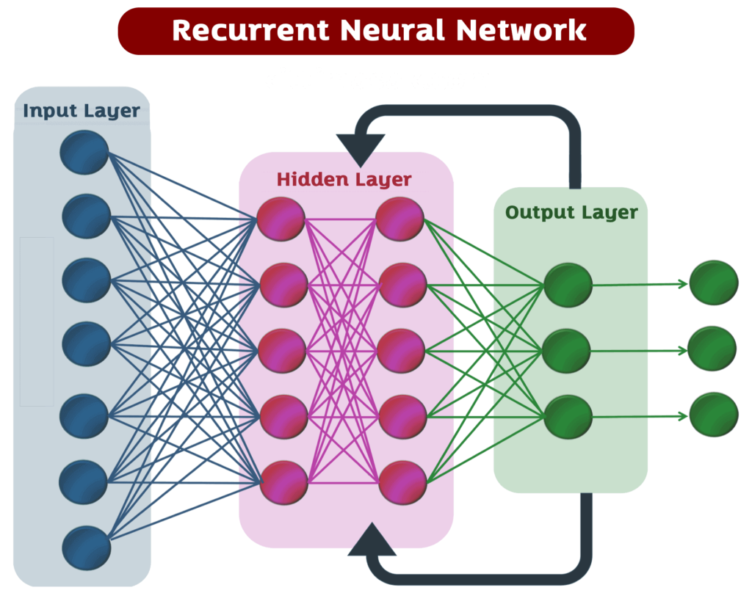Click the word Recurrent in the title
tap(250, 31)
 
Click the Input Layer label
tap(81, 112)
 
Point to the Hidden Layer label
tap(344, 179)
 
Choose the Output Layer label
tap(571, 213)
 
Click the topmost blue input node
tap(84, 152)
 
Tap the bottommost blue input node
tap(86, 547)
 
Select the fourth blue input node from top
tap(86, 342)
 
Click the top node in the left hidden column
tap(281, 219)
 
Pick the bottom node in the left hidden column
tap(283, 482)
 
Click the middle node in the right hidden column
tap(402, 350)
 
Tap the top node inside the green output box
tap(568, 285)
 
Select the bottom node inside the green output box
tap(568, 416)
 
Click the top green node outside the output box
tap(713, 283)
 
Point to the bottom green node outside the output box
tap(713, 415)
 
